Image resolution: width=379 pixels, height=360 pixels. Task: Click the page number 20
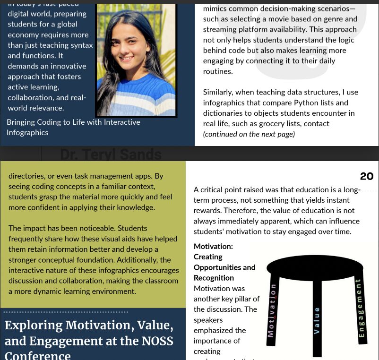point(366,176)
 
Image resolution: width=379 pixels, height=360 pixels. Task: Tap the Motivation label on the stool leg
point(271,310)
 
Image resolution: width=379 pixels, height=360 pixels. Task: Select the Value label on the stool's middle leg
point(317,321)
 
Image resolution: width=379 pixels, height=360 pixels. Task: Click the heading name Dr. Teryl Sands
point(111,154)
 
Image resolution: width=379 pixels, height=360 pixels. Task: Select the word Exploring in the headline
point(33,326)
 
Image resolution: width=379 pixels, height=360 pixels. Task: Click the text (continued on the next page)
point(249,134)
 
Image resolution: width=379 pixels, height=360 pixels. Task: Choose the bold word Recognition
point(214,278)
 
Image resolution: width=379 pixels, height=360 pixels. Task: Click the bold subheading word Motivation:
point(213,246)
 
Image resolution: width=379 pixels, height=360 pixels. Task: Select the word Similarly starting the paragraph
point(221,92)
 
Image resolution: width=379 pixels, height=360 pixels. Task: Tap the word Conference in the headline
point(38,355)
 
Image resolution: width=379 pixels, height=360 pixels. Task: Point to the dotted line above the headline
point(66,312)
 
